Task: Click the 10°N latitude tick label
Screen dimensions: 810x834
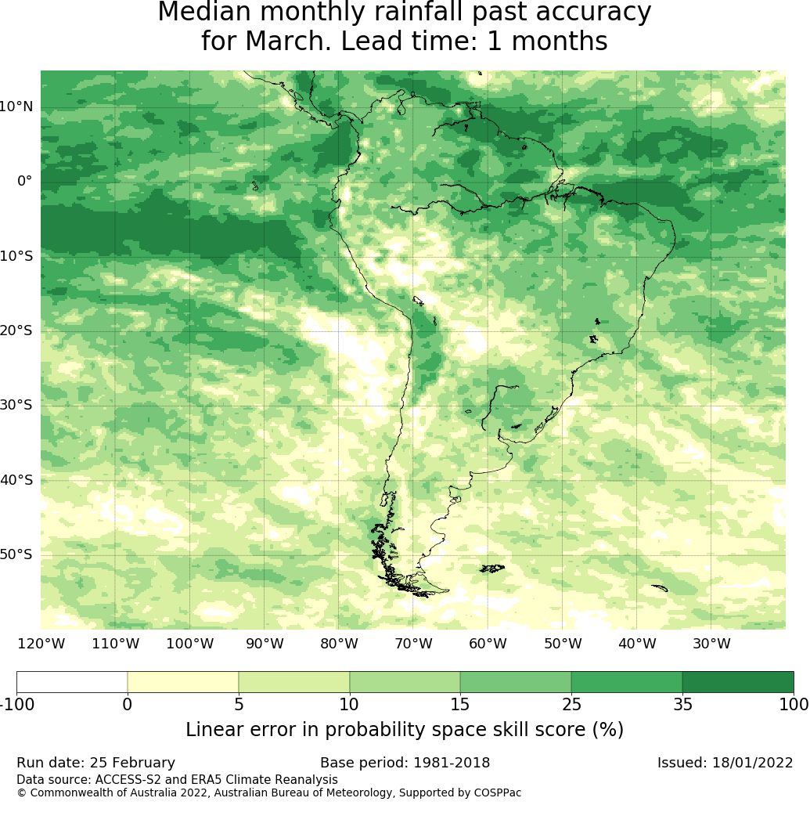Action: (x=16, y=107)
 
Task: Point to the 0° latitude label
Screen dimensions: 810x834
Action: (x=25, y=182)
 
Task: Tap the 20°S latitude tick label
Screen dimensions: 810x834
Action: (x=16, y=330)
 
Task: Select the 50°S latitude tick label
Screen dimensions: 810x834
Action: (x=16, y=554)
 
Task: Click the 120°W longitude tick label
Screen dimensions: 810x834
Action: (x=41, y=644)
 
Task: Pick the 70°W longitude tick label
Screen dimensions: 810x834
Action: (x=413, y=644)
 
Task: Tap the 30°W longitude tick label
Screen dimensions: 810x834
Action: (x=711, y=644)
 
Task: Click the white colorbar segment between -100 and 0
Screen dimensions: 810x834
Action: (x=72, y=682)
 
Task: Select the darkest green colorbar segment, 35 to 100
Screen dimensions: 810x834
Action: (x=738, y=682)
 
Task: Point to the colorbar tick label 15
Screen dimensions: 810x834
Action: (x=460, y=705)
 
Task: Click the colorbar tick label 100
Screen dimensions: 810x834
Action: (x=794, y=705)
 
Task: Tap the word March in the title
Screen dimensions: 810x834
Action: (x=287, y=41)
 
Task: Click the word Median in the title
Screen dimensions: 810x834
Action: (x=204, y=12)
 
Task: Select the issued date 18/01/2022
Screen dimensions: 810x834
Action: (x=752, y=763)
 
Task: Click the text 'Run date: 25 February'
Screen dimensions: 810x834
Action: (x=95, y=763)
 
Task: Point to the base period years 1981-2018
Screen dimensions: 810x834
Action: (x=452, y=763)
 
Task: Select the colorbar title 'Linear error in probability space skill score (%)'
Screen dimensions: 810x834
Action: (x=405, y=730)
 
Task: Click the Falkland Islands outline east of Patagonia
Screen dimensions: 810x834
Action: (x=492, y=569)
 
